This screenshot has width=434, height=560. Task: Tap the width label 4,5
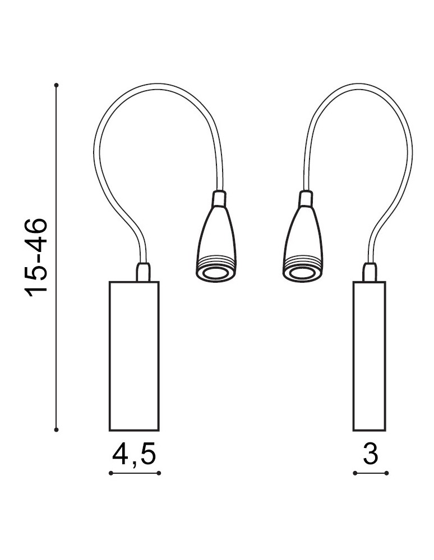click(x=134, y=454)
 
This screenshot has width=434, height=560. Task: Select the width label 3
click(x=370, y=454)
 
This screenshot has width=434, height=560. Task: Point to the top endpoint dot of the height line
click(x=57, y=85)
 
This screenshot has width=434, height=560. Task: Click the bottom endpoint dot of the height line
click(x=57, y=430)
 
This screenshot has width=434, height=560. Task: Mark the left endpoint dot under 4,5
click(x=110, y=474)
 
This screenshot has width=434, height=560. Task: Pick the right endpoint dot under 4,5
click(x=159, y=474)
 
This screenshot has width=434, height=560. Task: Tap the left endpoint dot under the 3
click(x=355, y=474)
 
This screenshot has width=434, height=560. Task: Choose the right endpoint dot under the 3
click(x=387, y=474)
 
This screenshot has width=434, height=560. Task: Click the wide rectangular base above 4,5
click(x=134, y=356)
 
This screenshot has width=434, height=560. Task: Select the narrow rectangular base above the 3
click(x=370, y=356)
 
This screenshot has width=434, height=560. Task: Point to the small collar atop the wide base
click(x=144, y=272)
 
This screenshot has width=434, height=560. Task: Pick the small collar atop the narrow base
click(x=370, y=272)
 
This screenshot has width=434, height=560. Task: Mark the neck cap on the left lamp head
click(x=219, y=199)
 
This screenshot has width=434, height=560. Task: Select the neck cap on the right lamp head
click(x=305, y=199)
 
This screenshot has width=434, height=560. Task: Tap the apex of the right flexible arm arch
click(x=359, y=86)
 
